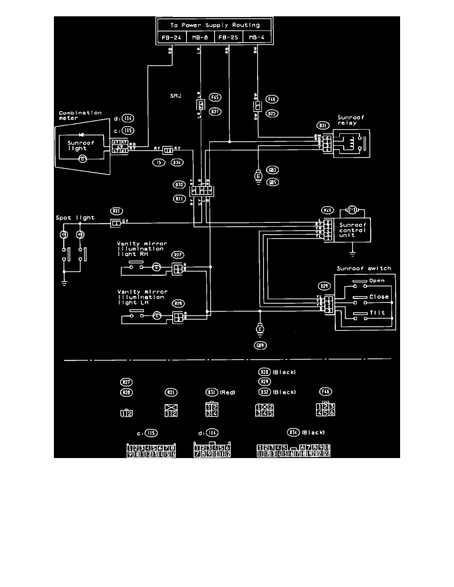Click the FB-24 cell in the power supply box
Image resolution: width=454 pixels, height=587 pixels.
[171, 38]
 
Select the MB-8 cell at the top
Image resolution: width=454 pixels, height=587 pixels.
[200, 38]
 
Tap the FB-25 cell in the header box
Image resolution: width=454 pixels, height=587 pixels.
[228, 38]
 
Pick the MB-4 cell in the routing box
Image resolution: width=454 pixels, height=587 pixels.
[257, 38]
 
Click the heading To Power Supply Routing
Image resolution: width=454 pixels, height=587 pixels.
[214, 25]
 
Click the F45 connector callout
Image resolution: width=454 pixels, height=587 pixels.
[215, 97]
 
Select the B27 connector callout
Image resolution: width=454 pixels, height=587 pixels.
[215, 112]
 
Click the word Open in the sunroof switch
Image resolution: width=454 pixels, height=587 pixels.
[377, 281]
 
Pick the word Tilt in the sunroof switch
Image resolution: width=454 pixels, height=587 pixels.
[377, 313]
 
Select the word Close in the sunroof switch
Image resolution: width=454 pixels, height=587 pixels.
[379, 297]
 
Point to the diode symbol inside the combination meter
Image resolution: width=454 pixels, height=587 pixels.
[81, 134]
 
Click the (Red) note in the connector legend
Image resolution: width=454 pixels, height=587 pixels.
[227, 392]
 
